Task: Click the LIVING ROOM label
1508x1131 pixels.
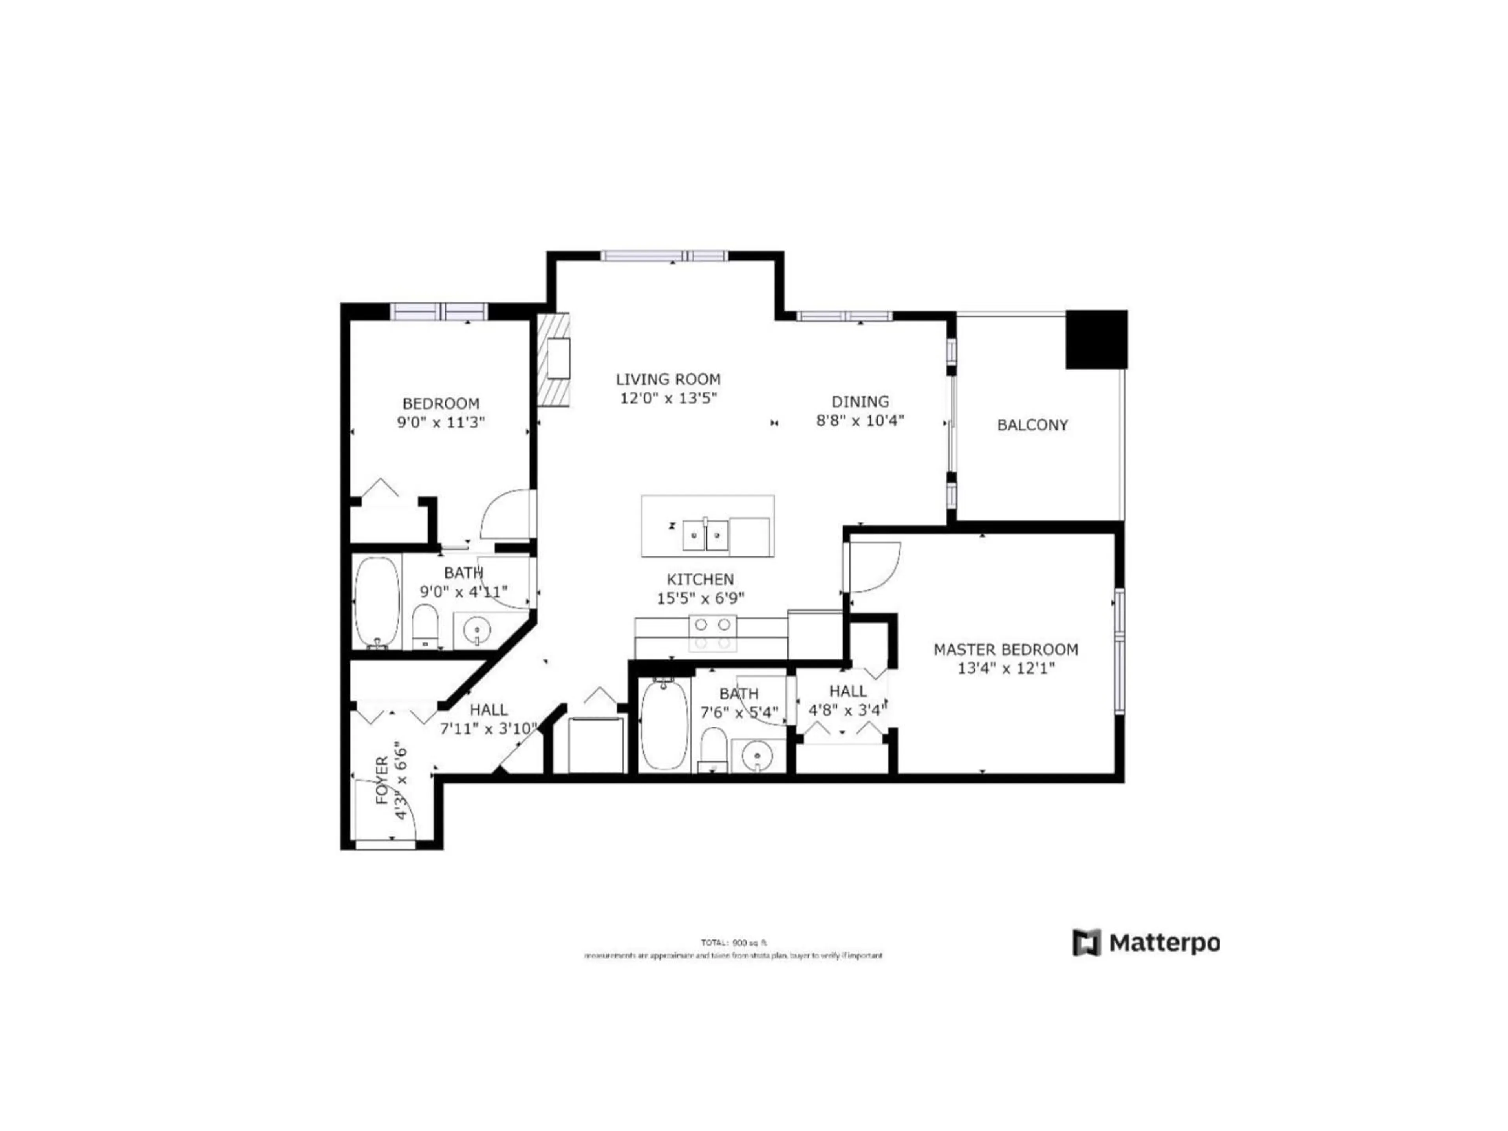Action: click(x=668, y=379)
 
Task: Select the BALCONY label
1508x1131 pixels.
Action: click(x=1032, y=425)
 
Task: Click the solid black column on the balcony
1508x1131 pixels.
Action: click(x=1096, y=340)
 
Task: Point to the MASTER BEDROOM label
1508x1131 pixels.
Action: click(x=1006, y=649)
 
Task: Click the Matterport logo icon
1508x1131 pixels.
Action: click(x=1087, y=943)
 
